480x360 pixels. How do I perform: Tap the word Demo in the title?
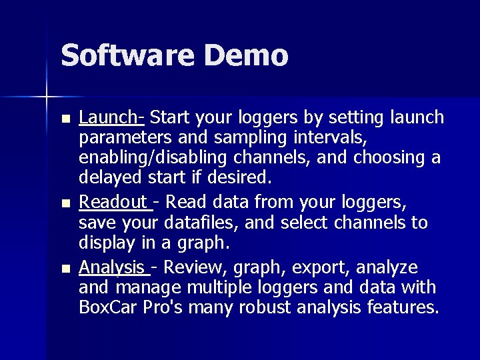tap(247, 55)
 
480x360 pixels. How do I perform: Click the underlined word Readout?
tap(113, 202)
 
